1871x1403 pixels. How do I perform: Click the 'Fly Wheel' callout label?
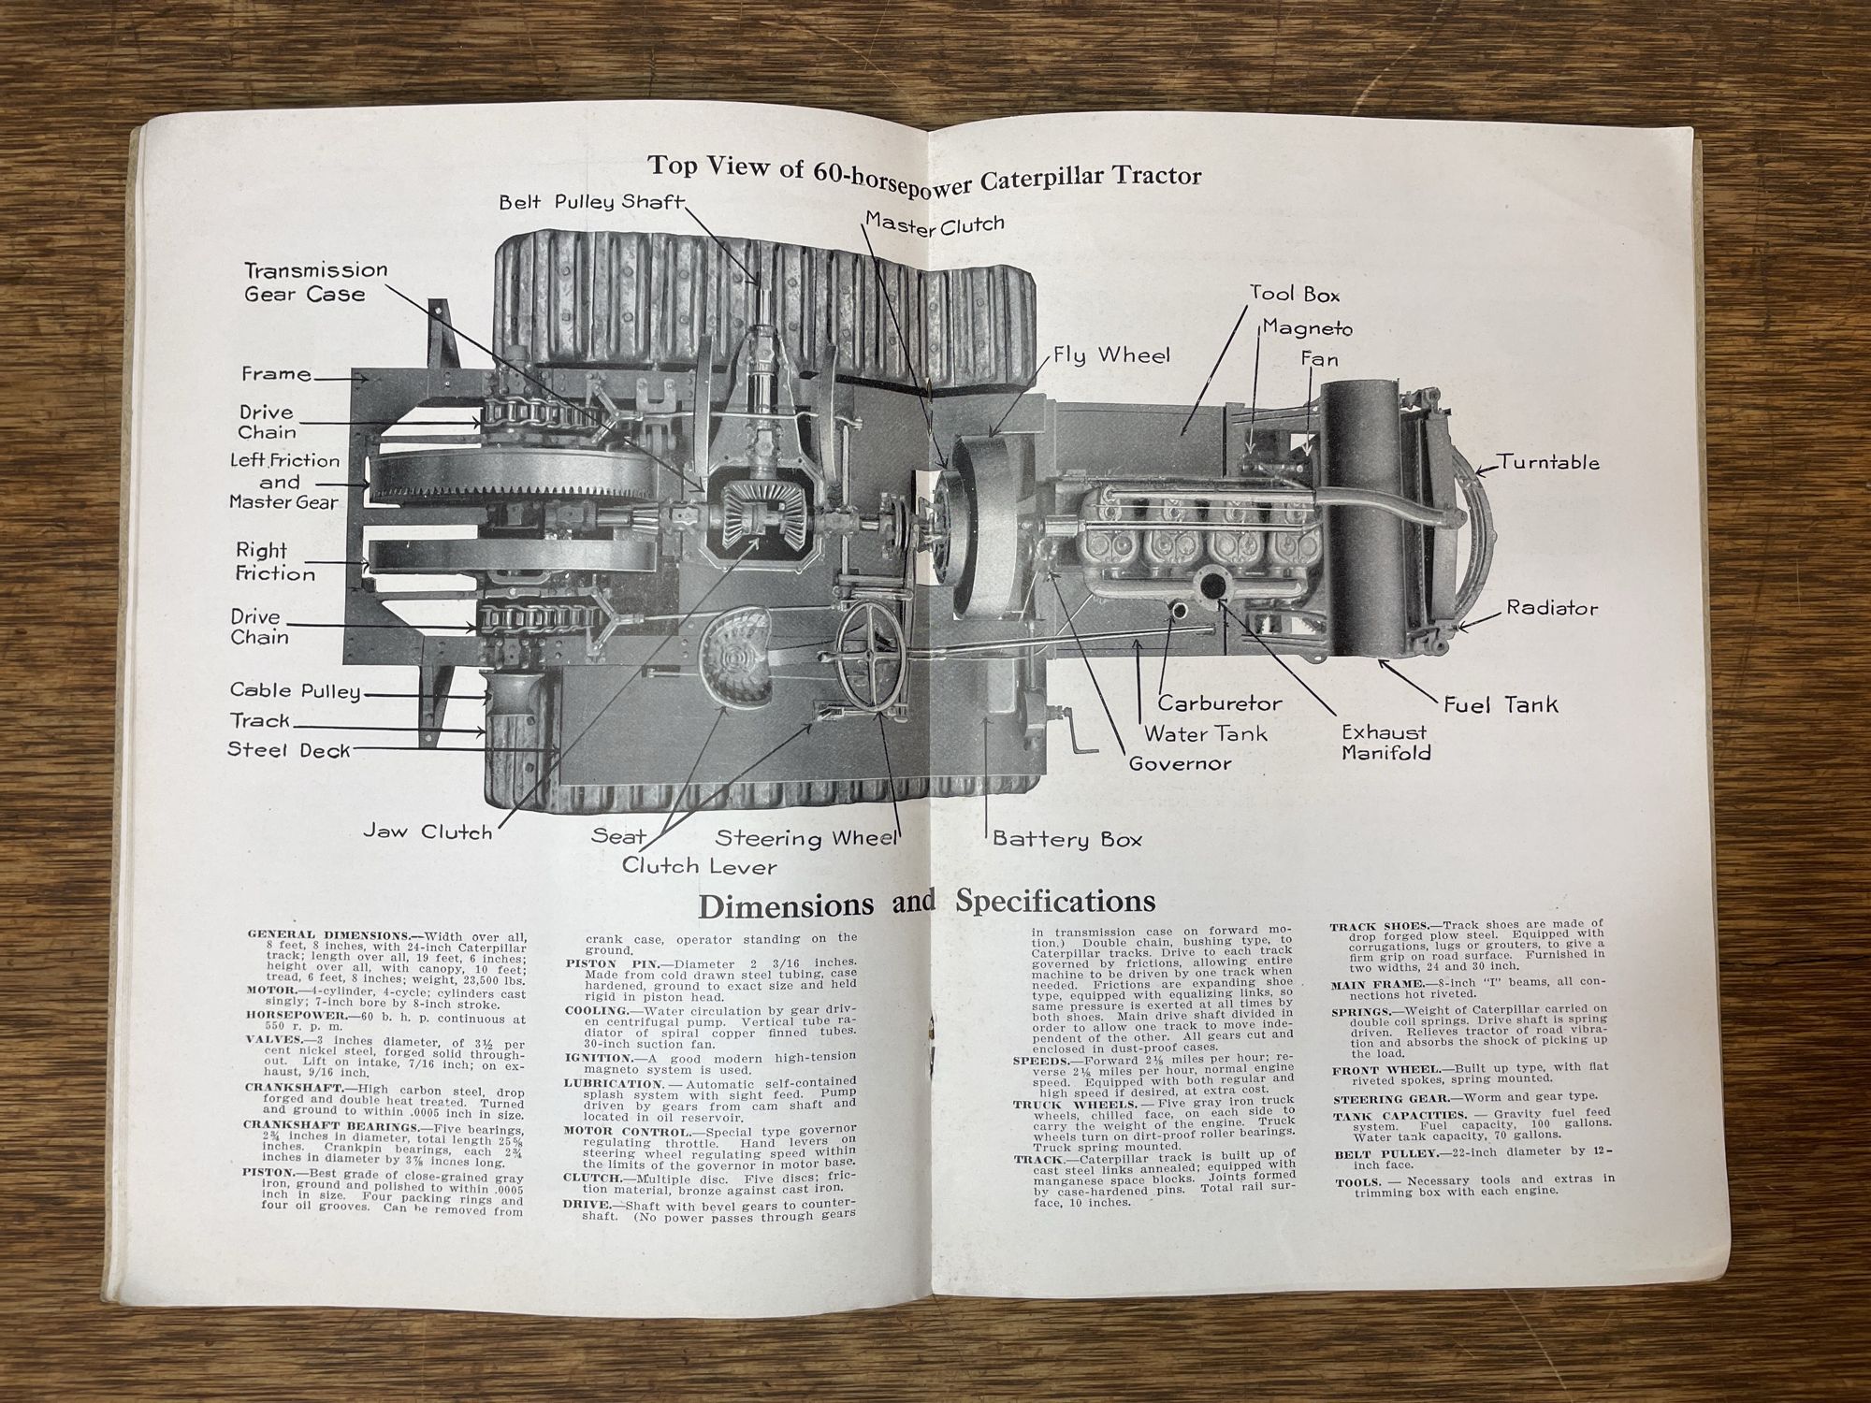[x=1110, y=355]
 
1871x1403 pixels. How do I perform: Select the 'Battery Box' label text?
[x=1066, y=839]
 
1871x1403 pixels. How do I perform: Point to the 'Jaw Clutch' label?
[x=428, y=832]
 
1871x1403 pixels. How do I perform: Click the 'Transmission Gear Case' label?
[x=315, y=282]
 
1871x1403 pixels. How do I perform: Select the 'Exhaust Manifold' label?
[x=1385, y=743]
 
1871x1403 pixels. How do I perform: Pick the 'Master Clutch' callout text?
[x=934, y=224]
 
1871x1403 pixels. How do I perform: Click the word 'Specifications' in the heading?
[x=1054, y=902]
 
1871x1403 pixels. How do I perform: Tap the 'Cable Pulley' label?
[x=295, y=691]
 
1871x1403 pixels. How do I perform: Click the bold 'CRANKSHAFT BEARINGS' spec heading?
[x=331, y=1126]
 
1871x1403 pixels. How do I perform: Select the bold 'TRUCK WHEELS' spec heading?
[x=1060, y=1105]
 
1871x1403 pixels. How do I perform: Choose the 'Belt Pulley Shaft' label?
[x=591, y=202]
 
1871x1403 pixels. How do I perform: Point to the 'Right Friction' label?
[x=274, y=561]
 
